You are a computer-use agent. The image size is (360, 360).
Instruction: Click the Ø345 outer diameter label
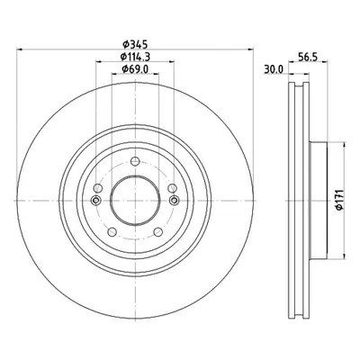pyautogui.click(x=135, y=45)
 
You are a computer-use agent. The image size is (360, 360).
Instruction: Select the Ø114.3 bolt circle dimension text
pyautogui.click(x=135, y=57)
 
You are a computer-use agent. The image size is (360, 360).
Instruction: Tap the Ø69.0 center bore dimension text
pyautogui.click(x=135, y=69)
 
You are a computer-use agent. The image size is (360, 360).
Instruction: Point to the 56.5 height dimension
pyautogui.click(x=308, y=57)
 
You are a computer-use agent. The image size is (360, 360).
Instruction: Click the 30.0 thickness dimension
pyautogui.click(x=274, y=69)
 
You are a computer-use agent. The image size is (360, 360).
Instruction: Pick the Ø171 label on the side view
pyautogui.click(x=339, y=200)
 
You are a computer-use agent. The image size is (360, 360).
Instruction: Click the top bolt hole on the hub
pyautogui.click(x=135, y=161)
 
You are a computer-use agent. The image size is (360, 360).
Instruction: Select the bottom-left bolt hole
pyautogui.click(x=112, y=232)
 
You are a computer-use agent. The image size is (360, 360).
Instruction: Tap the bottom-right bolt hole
pyautogui.click(x=158, y=232)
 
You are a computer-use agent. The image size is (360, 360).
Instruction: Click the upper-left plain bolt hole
pyautogui.click(x=98, y=188)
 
